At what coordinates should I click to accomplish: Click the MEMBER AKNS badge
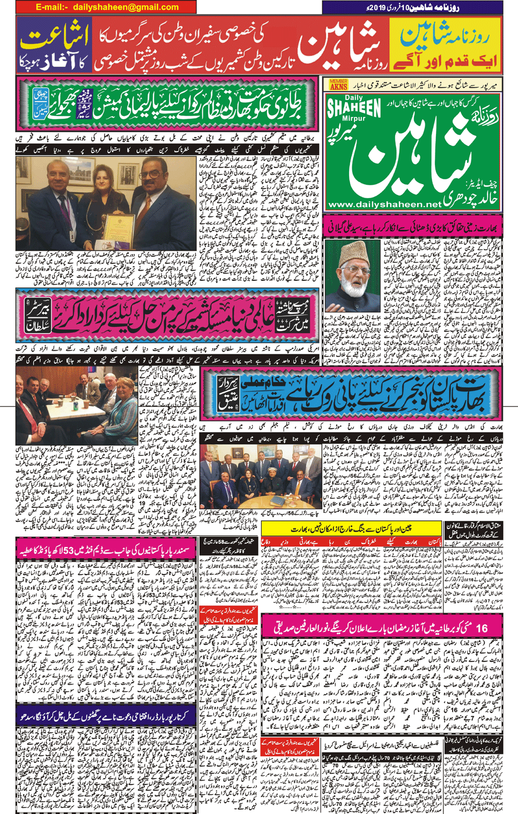338,84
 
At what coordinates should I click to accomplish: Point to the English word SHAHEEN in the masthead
354,107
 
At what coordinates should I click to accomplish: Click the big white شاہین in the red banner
338,46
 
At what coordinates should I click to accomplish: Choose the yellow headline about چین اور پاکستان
351,529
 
